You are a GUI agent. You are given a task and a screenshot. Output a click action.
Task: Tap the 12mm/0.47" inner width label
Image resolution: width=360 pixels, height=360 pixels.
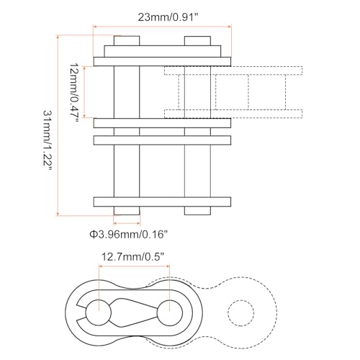[x=73, y=91]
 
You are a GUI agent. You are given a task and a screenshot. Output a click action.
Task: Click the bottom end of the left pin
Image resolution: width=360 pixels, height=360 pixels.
[x=125, y=210]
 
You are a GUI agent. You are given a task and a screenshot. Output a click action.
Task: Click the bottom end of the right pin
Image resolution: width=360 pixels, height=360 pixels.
[x=197, y=210]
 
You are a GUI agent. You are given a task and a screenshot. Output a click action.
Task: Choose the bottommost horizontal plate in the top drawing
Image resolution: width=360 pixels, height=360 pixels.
[x=161, y=199]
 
